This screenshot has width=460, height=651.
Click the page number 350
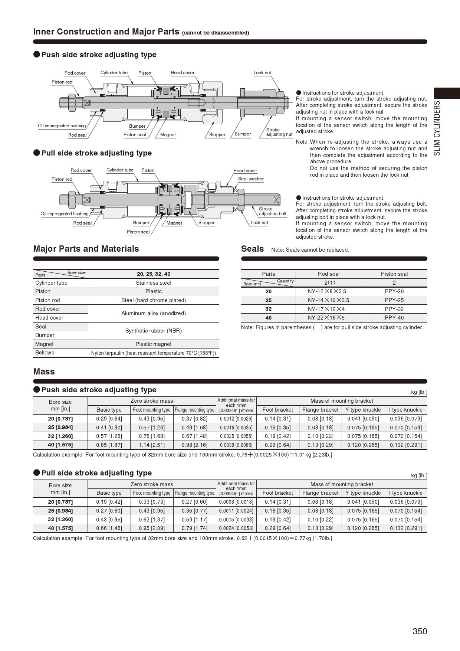(420, 631)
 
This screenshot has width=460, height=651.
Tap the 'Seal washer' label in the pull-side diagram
(251, 179)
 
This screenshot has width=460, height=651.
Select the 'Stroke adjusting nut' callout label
(279, 132)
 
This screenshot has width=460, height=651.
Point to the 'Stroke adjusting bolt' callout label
(273, 211)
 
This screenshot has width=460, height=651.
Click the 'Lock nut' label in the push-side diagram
(262, 73)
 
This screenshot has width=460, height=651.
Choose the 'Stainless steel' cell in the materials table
(154, 283)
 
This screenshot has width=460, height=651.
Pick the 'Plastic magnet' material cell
(154, 344)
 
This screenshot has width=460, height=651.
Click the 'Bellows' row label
(45, 353)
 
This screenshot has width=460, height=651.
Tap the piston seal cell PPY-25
(394, 300)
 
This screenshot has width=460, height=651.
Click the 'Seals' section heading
(252, 249)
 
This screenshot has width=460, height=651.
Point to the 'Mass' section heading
(44, 372)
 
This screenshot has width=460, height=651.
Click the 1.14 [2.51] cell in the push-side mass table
(152, 445)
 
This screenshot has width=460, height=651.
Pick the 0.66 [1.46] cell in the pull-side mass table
(109, 528)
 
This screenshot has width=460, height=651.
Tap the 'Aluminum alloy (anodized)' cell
(154, 313)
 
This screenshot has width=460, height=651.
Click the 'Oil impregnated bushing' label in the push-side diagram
(62, 126)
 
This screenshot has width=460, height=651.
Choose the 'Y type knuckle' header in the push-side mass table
(363, 410)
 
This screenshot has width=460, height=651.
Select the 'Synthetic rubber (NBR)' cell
(154, 331)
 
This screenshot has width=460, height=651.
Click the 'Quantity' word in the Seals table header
(285, 281)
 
